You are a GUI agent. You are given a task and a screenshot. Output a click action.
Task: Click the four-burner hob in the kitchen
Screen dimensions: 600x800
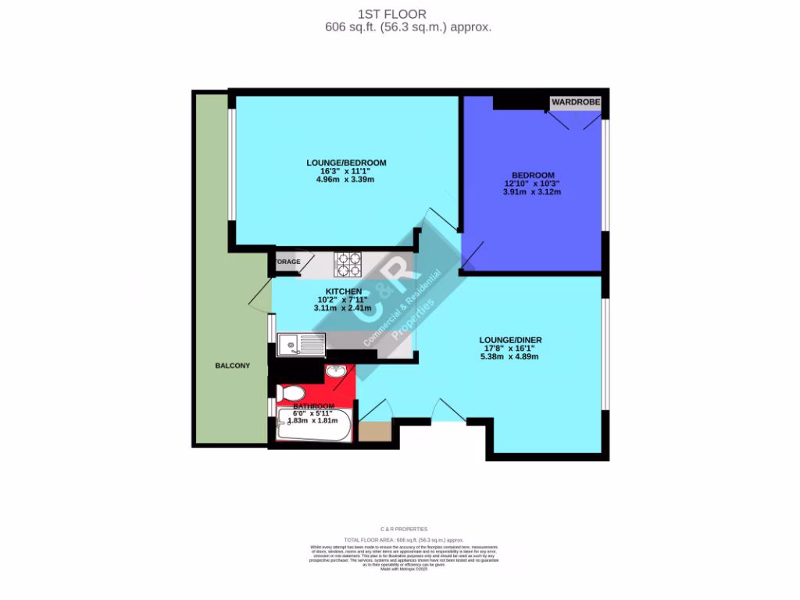click(348, 265)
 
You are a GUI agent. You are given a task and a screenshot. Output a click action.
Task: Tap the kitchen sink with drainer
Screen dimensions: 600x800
click(301, 345)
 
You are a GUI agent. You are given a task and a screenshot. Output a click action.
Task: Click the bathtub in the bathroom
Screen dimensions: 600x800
click(314, 427)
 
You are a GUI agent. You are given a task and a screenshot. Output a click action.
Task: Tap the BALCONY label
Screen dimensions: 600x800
click(233, 366)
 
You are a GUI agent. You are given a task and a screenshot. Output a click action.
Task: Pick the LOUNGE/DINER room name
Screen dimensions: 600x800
click(510, 340)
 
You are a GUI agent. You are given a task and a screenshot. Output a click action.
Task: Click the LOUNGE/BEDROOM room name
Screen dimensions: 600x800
click(346, 162)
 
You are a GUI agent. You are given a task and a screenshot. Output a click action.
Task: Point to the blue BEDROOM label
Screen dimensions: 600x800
click(533, 175)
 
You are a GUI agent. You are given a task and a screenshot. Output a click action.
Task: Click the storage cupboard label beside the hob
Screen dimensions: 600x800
click(287, 262)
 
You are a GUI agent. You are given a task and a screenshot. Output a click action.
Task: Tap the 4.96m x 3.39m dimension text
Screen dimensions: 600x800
click(346, 180)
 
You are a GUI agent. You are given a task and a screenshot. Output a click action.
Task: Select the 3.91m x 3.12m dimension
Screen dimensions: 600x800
click(533, 191)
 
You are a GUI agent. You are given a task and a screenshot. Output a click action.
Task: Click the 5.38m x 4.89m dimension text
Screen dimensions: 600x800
click(510, 356)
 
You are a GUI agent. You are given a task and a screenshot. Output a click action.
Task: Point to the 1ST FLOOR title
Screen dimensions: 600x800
click(407, 13)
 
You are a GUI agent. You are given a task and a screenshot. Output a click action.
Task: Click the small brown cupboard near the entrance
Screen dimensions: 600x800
click(374, 431)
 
